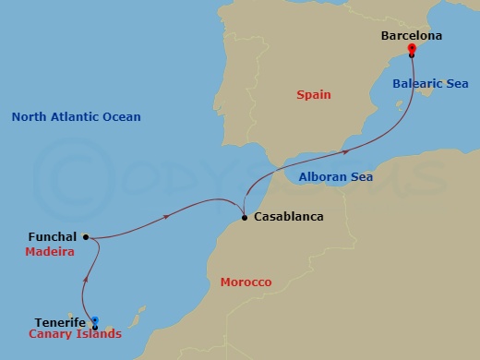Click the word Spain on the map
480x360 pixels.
pyautogui.click(x=314, y=94)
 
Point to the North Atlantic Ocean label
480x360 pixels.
pyautogui.click(x=76, y=117)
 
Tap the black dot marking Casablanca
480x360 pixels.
pyautogui.click(x=244, y=218)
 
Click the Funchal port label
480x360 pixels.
pyautogui.click(x=53, y=237)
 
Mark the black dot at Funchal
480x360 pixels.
pyautogui.click(x=86, y=237)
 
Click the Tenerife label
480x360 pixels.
pyautogui.click(x=61, y=322)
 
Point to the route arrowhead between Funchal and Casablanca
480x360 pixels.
pyautogui.click(x=166, y=217)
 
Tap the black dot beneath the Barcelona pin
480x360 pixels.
pyautogui.click(x=412, y=55)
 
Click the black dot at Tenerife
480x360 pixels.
pyautogui.click(x=95, y=327)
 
